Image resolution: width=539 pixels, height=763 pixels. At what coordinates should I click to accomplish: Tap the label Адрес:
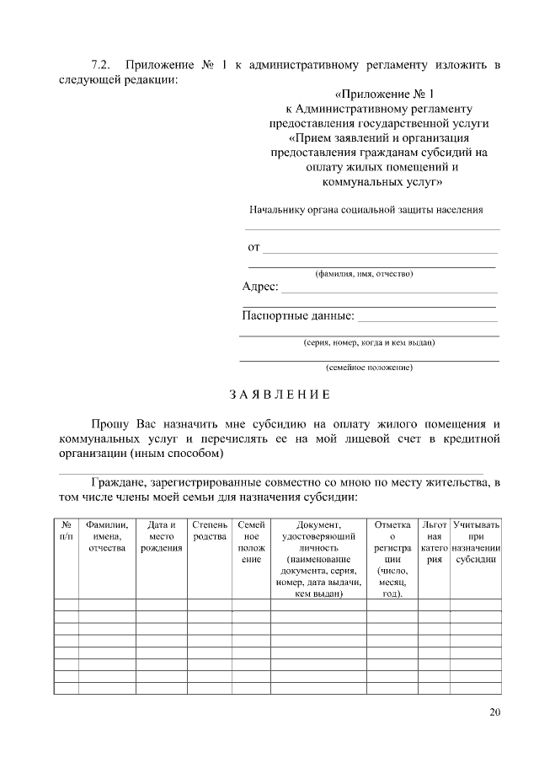(x=260, y=287)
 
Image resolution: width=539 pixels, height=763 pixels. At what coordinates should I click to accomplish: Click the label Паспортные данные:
(x=298, y=317)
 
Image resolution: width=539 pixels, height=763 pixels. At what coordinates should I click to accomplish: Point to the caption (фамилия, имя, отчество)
(x=364, y=274)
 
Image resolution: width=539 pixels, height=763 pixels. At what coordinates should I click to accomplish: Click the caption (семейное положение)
(x=369, y=368)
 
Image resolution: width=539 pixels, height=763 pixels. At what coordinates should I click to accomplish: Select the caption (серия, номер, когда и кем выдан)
(x=369, y=343)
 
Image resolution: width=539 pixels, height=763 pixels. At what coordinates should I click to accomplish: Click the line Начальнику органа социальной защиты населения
(x=366, y=210)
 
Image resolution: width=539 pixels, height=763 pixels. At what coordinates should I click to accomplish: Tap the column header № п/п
(x=67, y=530)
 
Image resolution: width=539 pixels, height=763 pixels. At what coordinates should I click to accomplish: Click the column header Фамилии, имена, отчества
(x=107, y=536)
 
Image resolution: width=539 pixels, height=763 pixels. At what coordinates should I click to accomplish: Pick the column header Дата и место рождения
(x=161, y=536)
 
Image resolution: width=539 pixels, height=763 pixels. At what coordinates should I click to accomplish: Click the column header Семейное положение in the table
(x=251, y=541)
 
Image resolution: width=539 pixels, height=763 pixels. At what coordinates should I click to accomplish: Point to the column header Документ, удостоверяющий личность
(x=311, y=558)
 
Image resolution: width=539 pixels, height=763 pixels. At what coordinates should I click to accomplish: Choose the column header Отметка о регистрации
(x=392, y=558)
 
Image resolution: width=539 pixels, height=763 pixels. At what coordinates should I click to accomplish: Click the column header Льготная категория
(x=434, y=541)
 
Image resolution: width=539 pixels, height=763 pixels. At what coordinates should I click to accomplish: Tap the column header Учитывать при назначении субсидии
(x=476, y=541)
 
